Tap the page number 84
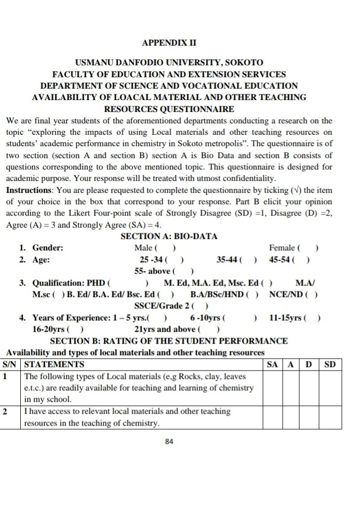pyautogui.click(x=169, y=442)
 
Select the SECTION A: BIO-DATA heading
pyautogui.click(x=169, y=236)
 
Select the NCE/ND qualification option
pyautogui.click(x=294, y=295)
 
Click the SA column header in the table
pyautogui.click(x=273, y=364)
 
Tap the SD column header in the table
pyautogui.click(x=330, y=364)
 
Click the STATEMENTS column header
pyautogui.click(x=54, y=364)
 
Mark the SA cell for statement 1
pyautogui.click(x=273, y=388)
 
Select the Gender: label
pyautogui.click(x=48, y=248)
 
